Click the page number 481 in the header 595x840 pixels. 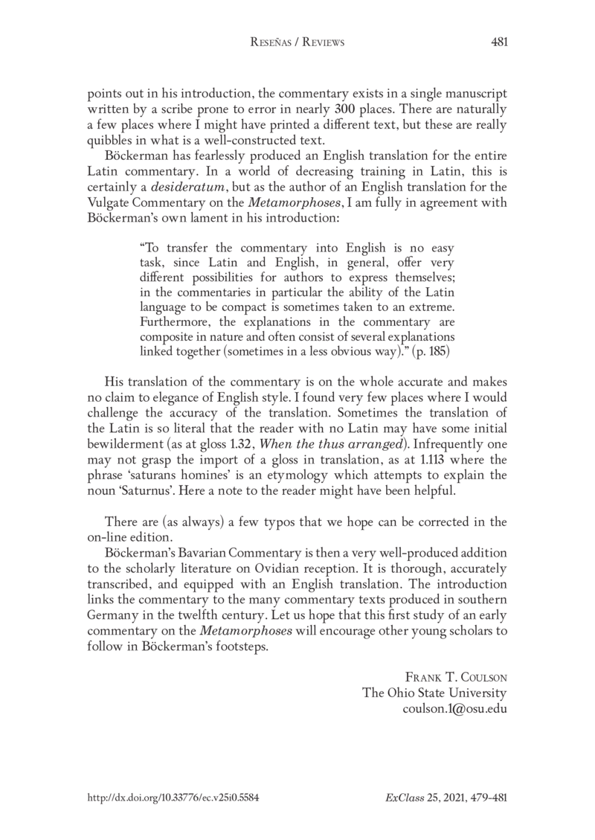[x=499, y=42]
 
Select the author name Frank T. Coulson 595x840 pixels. [x=456, y=678]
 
